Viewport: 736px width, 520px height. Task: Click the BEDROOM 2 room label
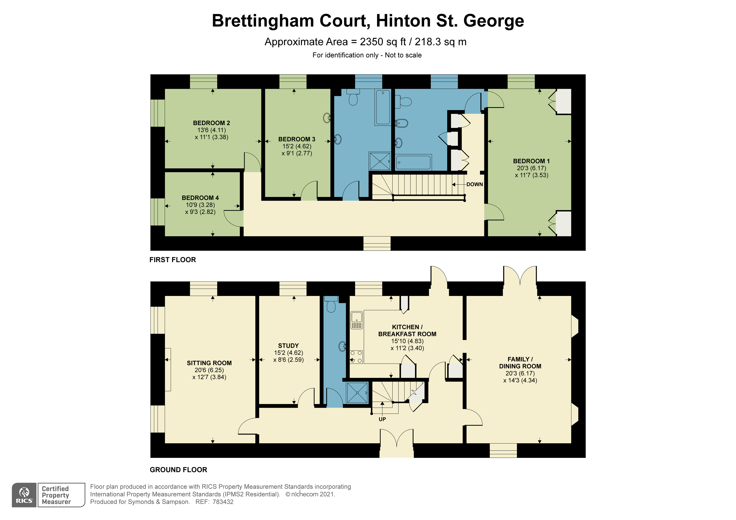(211, 123)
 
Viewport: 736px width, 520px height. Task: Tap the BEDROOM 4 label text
(200, 198)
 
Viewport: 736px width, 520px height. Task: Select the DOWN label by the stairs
(475, 185)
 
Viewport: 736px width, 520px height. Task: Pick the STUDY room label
(288, 346)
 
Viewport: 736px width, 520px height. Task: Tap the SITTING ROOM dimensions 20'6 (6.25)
(209, 370)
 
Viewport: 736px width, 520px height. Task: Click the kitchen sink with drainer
(356, 320)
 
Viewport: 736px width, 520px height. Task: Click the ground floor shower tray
(357, 392)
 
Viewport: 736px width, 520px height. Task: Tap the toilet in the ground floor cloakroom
(331, 305)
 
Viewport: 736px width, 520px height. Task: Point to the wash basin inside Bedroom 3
(327, 118)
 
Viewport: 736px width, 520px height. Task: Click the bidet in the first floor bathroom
(401, 123)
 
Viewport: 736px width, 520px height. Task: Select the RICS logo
(24, 495)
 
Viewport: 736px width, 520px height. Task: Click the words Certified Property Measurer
(56, 495)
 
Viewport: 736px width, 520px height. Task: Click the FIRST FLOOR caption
(172, 260)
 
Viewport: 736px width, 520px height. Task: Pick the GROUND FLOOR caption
(178, 470)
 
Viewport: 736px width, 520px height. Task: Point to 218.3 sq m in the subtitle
(440, 42)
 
